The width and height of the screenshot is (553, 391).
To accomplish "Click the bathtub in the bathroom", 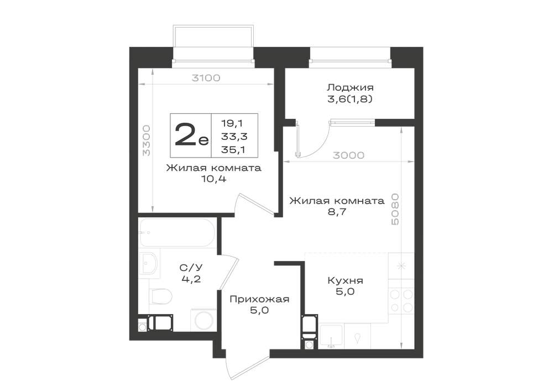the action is click(x=177, y=233).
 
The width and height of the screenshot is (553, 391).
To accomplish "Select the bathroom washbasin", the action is click(x=149, y=263).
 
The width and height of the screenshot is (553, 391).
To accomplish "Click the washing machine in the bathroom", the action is click(x=204, y=320).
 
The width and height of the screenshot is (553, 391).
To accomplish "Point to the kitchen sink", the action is click(x=331, y=336).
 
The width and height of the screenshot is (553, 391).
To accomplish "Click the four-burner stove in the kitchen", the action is click(x=401, y=301).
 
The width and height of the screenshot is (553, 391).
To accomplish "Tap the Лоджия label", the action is click(x=350, y=87).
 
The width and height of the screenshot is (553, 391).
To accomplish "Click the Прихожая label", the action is click(x=259, y=300).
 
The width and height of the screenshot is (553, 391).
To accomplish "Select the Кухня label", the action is click(x=345, y=280).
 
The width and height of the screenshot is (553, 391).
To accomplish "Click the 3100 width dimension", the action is click(x=206, y=78).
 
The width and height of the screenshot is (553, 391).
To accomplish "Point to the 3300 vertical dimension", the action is click(x=146, y=140).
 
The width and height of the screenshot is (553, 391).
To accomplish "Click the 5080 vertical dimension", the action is click(x=395, y=209).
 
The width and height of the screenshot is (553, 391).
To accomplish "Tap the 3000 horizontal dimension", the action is click(x=348, y=155).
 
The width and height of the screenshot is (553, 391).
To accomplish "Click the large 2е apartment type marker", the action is click(x=191, y=135).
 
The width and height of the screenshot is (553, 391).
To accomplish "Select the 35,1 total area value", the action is click(x=233, y=149).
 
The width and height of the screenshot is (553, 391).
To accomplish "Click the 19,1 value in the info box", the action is click(x=233, y=123).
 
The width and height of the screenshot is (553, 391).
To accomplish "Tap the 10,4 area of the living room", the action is click(x=213, y=179).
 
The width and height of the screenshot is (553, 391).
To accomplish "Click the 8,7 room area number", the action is click(x=337, y=212).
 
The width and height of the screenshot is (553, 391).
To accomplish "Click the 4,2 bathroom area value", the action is click(x=191, y=280).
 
